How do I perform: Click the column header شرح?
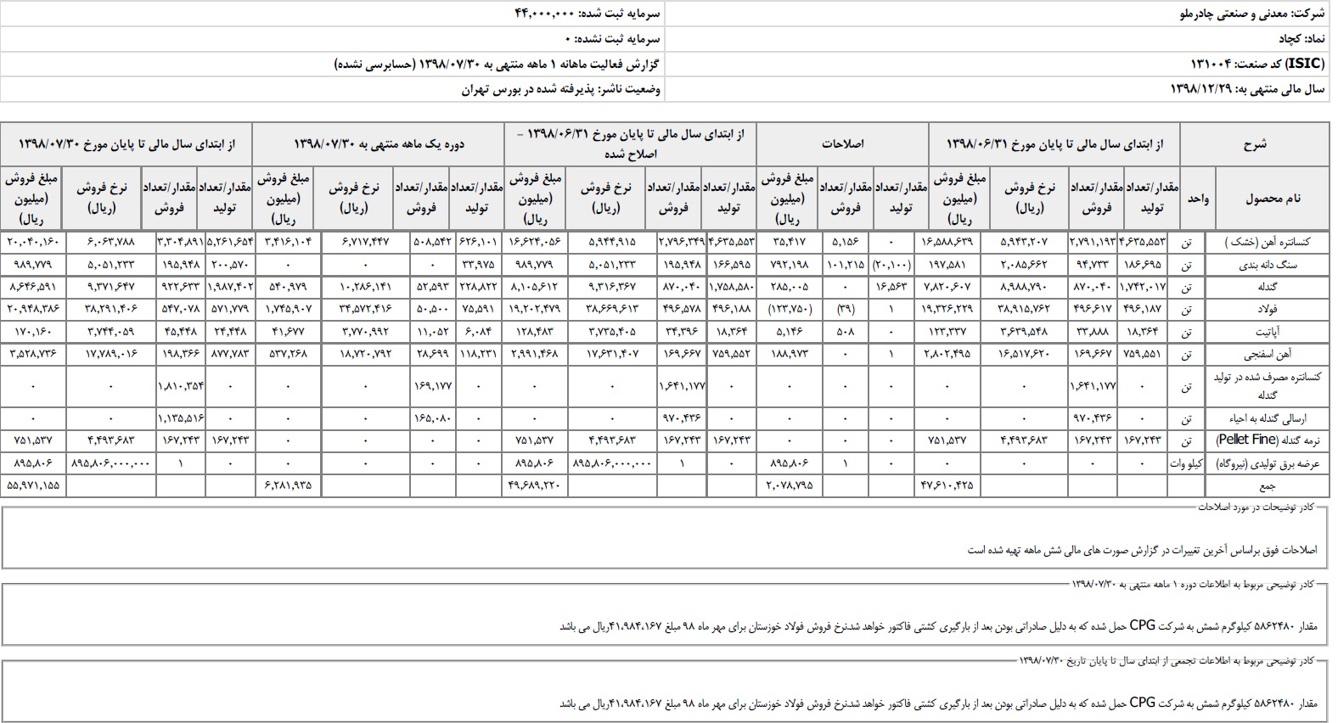click(x=1255, y=144)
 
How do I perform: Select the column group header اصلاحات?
click(x=842, y=144)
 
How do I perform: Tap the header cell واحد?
click(x=1198, y=199)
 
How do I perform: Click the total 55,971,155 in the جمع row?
click(x=33, y=485)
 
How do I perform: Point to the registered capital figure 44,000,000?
click(x=545, y=14)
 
